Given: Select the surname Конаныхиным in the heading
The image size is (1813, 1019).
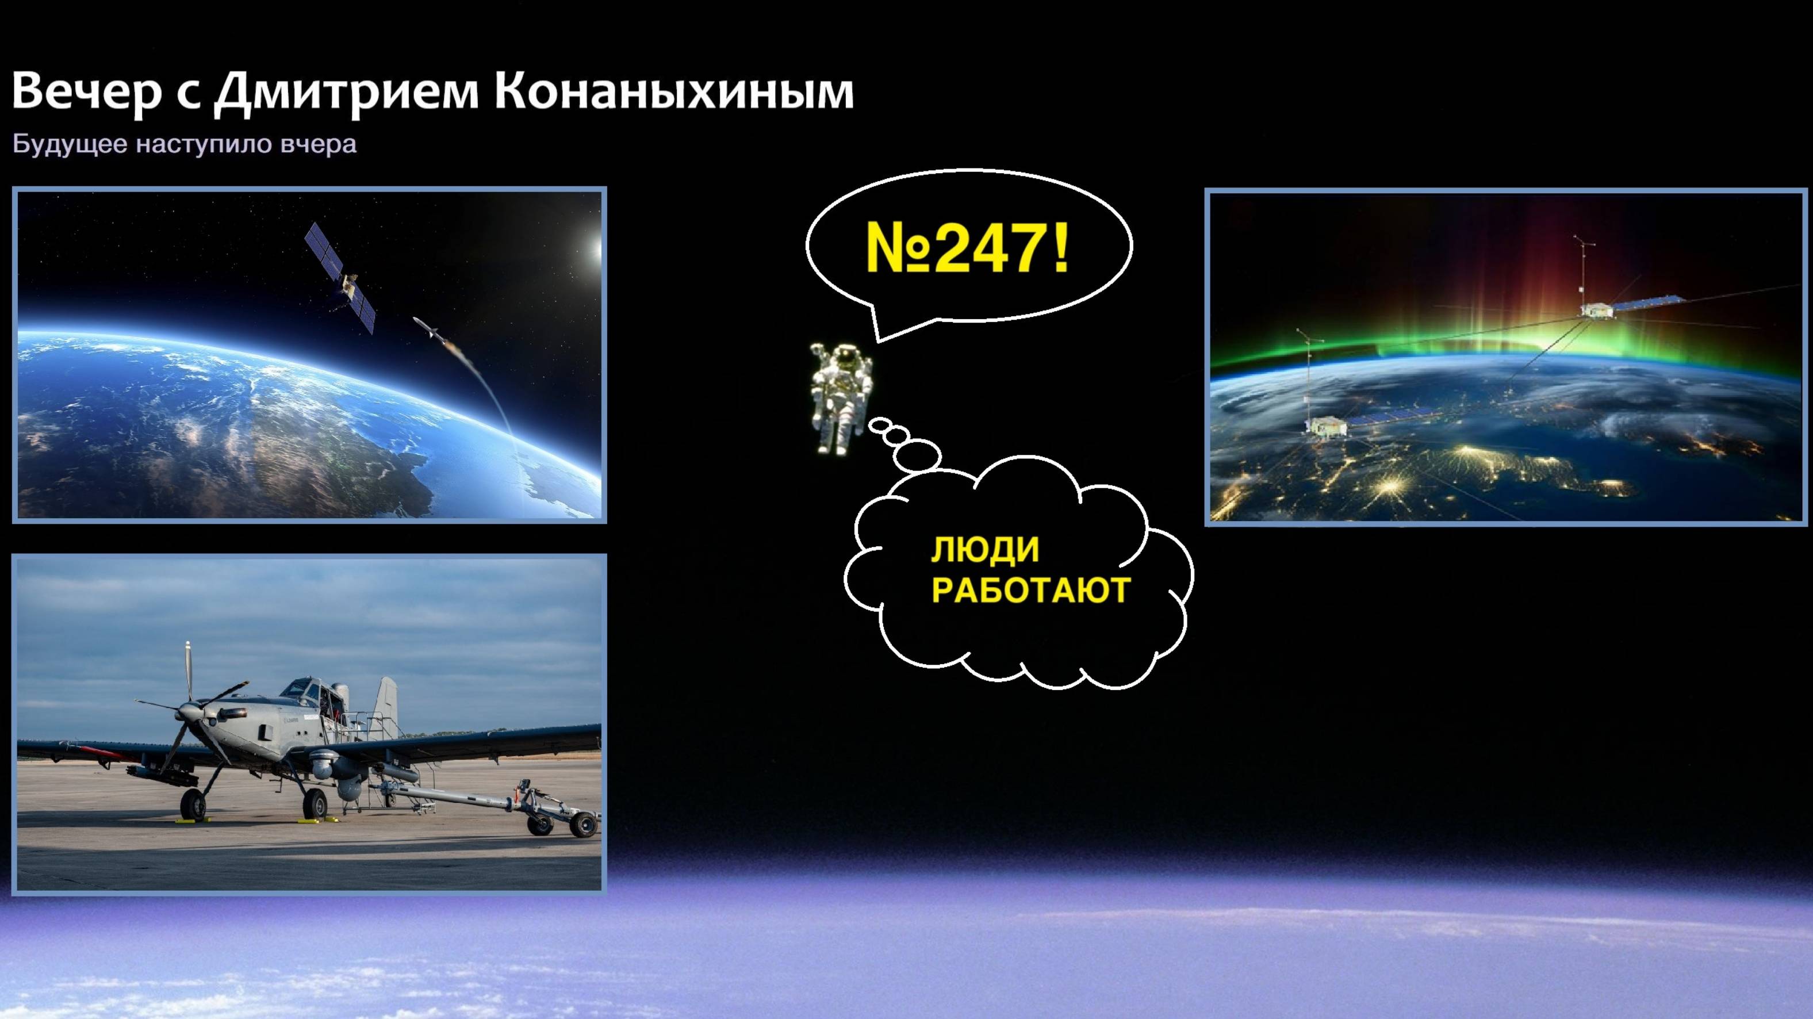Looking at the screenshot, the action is coord(673,90).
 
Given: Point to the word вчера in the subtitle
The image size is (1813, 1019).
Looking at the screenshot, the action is coord(318,144).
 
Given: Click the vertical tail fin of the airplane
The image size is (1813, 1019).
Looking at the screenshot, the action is coord(386,704).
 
